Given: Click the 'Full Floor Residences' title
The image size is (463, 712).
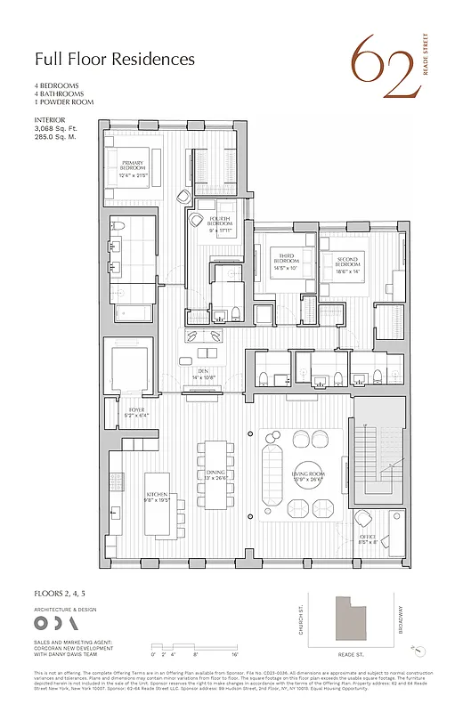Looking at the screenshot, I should (114, 60).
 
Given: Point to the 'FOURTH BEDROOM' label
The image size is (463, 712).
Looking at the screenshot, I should (220, 222).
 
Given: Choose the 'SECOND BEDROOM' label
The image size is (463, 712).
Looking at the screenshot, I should (347, 263).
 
